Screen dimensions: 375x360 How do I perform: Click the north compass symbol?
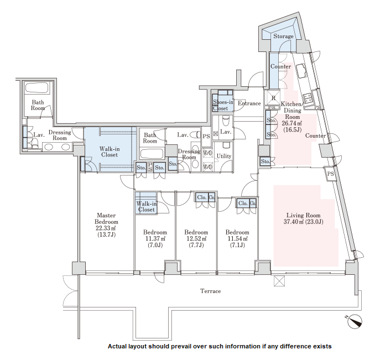355,321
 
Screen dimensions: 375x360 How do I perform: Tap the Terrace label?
211,291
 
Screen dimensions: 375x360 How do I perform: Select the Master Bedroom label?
106,218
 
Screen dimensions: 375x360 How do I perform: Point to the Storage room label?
283,36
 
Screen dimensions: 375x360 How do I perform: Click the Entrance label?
249,103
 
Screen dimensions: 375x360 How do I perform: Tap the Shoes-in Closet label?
223,105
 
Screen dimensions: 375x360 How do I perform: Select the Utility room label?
224,156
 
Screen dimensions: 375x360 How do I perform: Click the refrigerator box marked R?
273,97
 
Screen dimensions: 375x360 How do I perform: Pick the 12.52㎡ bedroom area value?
196,238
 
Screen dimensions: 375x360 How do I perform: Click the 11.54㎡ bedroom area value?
237,238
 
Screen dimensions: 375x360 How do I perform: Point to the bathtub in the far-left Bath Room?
37,88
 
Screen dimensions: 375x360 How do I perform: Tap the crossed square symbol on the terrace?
279,281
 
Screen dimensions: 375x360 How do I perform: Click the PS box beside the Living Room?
330,174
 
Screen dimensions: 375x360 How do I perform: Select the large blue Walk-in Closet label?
110,152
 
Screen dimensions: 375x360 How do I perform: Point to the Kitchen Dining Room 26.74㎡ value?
292,123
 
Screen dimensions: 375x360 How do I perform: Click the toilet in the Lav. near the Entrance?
226,121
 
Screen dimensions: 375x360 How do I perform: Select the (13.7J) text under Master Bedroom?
106,234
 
